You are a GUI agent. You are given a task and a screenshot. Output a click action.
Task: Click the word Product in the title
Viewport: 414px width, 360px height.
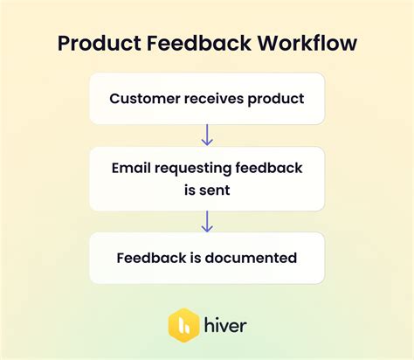97,45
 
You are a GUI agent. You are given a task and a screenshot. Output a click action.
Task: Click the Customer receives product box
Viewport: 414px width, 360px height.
207,99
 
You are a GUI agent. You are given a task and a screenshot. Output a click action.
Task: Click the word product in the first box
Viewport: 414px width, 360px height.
279,99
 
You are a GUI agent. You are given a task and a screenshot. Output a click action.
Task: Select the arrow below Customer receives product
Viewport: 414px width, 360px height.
207,135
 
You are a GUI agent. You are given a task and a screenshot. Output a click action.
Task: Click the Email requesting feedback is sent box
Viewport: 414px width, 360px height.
207,179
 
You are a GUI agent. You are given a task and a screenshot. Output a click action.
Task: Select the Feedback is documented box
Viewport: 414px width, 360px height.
207,258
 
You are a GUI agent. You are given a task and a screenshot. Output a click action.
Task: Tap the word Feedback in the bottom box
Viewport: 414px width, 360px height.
149,258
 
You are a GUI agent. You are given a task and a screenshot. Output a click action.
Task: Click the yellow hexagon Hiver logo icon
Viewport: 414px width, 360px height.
184,325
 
